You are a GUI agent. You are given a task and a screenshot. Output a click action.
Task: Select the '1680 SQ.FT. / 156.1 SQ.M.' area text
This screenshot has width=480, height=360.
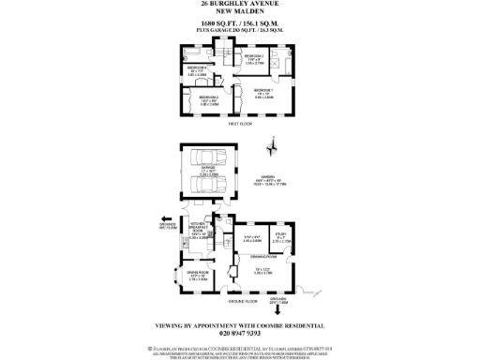click(x=240, y=25)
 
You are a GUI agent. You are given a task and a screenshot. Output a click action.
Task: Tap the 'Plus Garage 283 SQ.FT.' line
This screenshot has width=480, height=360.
click(x=240, y=33)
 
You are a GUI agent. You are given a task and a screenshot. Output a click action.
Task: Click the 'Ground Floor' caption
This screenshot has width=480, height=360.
click(x=243, y=302)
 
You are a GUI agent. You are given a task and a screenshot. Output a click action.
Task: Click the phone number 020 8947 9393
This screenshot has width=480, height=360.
click(x=240, y=333)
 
